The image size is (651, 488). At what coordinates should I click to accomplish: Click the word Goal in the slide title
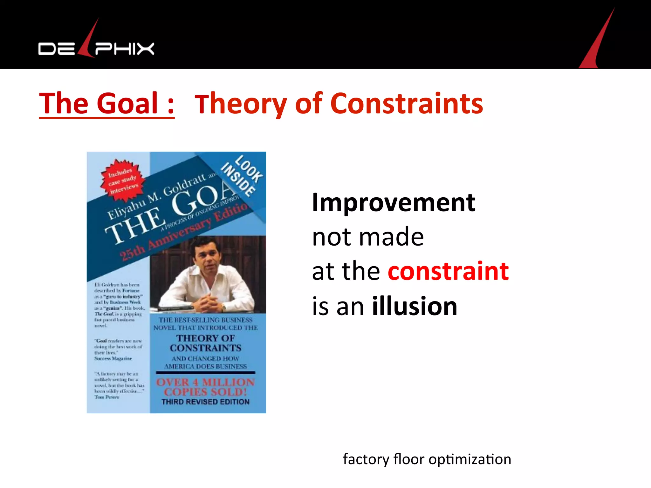pyautogui.click(x=127, y=103)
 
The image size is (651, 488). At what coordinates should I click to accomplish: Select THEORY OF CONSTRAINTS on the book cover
pyautogui.click(x=205, y=343)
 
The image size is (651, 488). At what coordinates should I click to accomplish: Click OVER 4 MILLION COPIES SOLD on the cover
pyautogui.click(x=205, y=387)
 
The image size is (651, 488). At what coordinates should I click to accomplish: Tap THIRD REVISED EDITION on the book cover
pyautogui.click(x=205, y=402)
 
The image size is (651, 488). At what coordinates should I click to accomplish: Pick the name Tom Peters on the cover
pyautogui.click(x=107, y=397)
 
